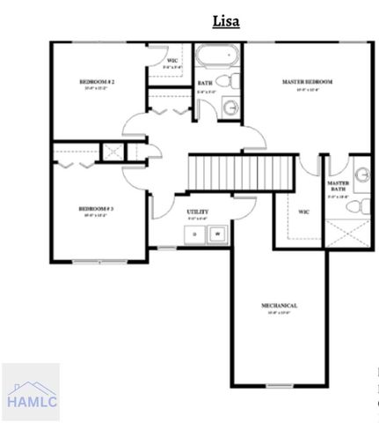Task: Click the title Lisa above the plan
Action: coord(226,21)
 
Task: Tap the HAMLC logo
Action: coord(30,392)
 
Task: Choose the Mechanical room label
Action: coord(279,306)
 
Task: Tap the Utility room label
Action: coord(197,212)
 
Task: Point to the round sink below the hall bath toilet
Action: coord(229,108)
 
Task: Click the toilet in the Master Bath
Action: coord(353,207)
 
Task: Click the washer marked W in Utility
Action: coord(215,234)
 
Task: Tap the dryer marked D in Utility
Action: coord(193,234)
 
